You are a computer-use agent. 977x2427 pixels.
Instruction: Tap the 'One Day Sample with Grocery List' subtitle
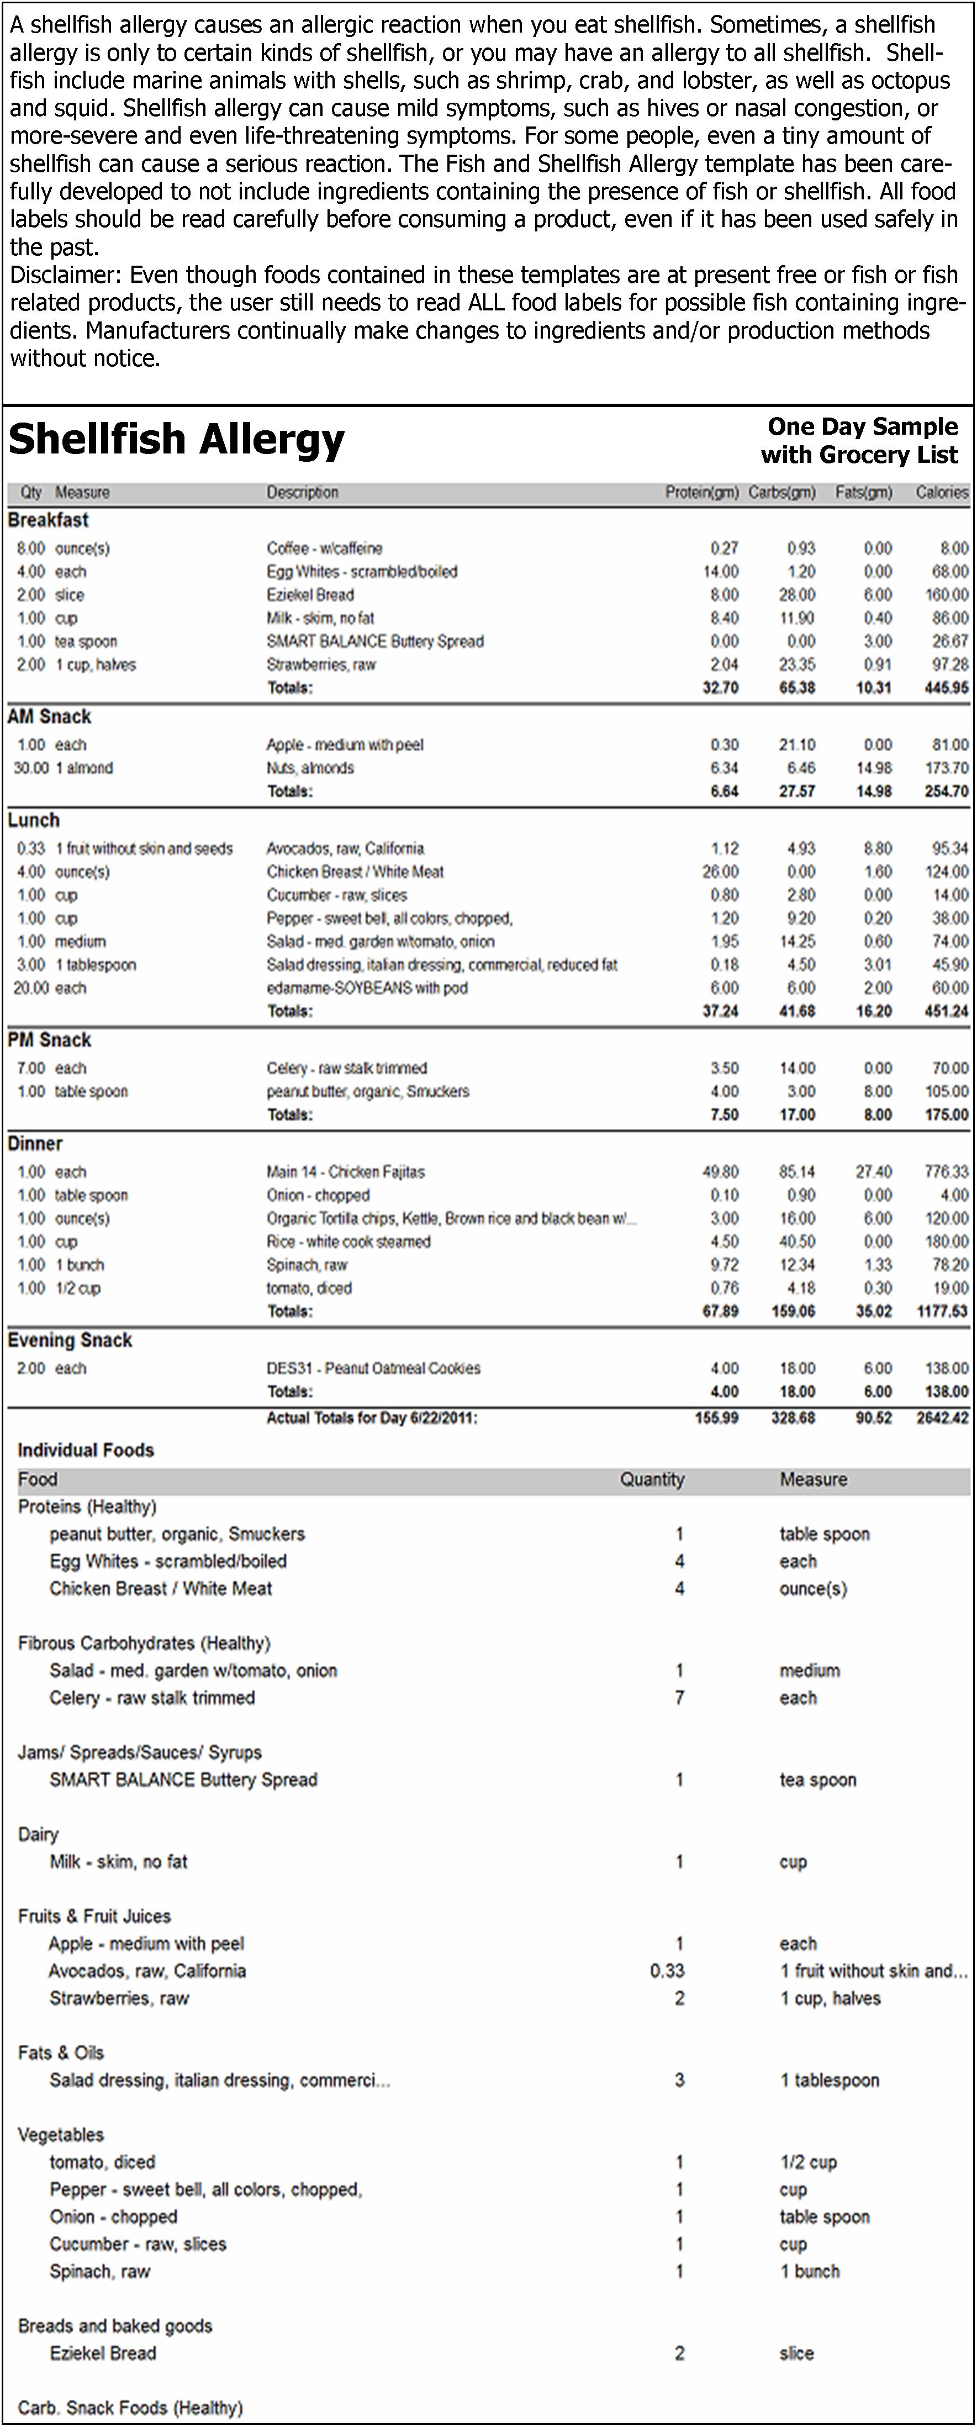[859, 440]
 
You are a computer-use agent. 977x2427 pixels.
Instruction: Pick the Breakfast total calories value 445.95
[946, 688]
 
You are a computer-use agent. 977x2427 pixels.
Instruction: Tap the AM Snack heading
[49, 717]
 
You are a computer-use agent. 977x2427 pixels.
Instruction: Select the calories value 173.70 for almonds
[947, 768]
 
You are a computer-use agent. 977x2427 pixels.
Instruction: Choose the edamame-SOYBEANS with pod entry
[367, 988]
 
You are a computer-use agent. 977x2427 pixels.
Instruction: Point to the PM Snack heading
[49, 1040]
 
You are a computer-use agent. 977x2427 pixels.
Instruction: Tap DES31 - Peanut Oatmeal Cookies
[373, 1368]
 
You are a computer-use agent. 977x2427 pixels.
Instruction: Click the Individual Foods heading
[86, 1450]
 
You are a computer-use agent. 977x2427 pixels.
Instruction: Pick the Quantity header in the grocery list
[651, 1479]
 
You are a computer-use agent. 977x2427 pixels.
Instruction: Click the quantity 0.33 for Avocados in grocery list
[667, 1970]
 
